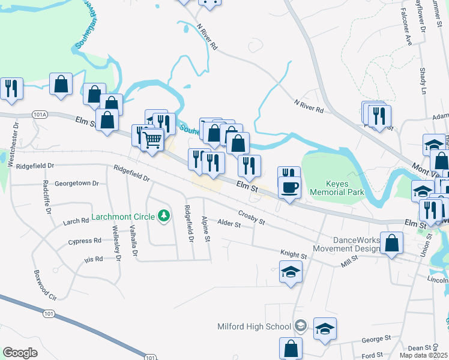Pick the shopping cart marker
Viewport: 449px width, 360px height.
click(x=152, y=140)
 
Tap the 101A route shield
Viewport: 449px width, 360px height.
click(x=40, y=113)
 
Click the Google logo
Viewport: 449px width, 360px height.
click(x=20, y=353)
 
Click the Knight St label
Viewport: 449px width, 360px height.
click(x=294, y=256)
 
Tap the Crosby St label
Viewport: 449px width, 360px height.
click(x=252, y=217)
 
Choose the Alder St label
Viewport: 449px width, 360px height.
click(x=229, y=224)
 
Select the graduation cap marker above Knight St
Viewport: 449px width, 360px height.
click(x=291, y=272)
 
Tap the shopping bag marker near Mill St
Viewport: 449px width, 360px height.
click(x=391, y=244)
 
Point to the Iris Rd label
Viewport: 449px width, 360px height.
click(x=94, y=259)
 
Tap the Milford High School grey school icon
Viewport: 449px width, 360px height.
click(x=301, y=326)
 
